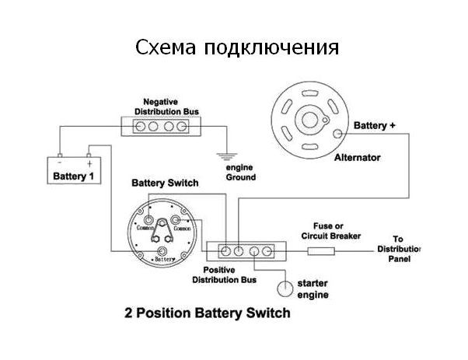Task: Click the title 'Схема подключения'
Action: (x=237, y=47)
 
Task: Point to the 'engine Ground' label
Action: (x=240, y=173)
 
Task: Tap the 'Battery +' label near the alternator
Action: (x=375, y=125)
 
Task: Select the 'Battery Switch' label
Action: (x=165, y=183)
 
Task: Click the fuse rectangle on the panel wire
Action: (x=321, y=250)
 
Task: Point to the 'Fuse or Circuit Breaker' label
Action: (x=330, y=230)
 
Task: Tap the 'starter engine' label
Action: (x=314, y=289)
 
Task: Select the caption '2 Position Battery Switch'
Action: (x=208, y=314)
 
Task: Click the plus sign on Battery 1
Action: (x=89, y=164)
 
